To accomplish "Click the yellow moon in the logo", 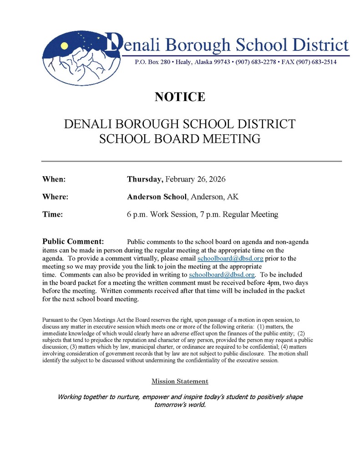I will point(65,46).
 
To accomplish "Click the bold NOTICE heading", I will point(180,97).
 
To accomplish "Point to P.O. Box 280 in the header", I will point(152,62).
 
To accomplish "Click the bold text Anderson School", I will point(157,197).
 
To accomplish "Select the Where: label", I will point(55,197).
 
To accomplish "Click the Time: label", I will point(52,214).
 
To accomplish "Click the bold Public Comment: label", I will point(73,241).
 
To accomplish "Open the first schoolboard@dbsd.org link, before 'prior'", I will point(230,258).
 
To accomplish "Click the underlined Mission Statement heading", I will point(180,381).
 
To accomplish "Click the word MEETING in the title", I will point(229,139).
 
